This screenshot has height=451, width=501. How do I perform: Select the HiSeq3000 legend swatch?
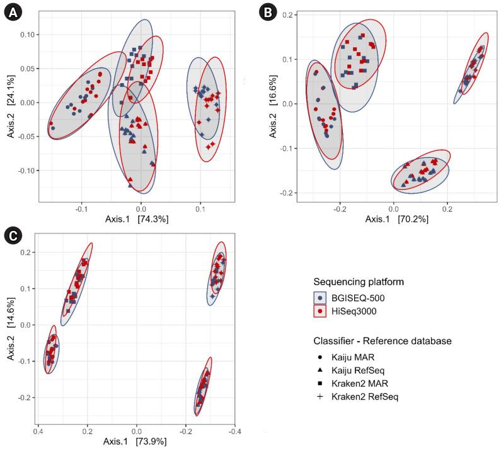click(322, 310)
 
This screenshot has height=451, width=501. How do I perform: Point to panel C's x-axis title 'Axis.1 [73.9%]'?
click(136, 441)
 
